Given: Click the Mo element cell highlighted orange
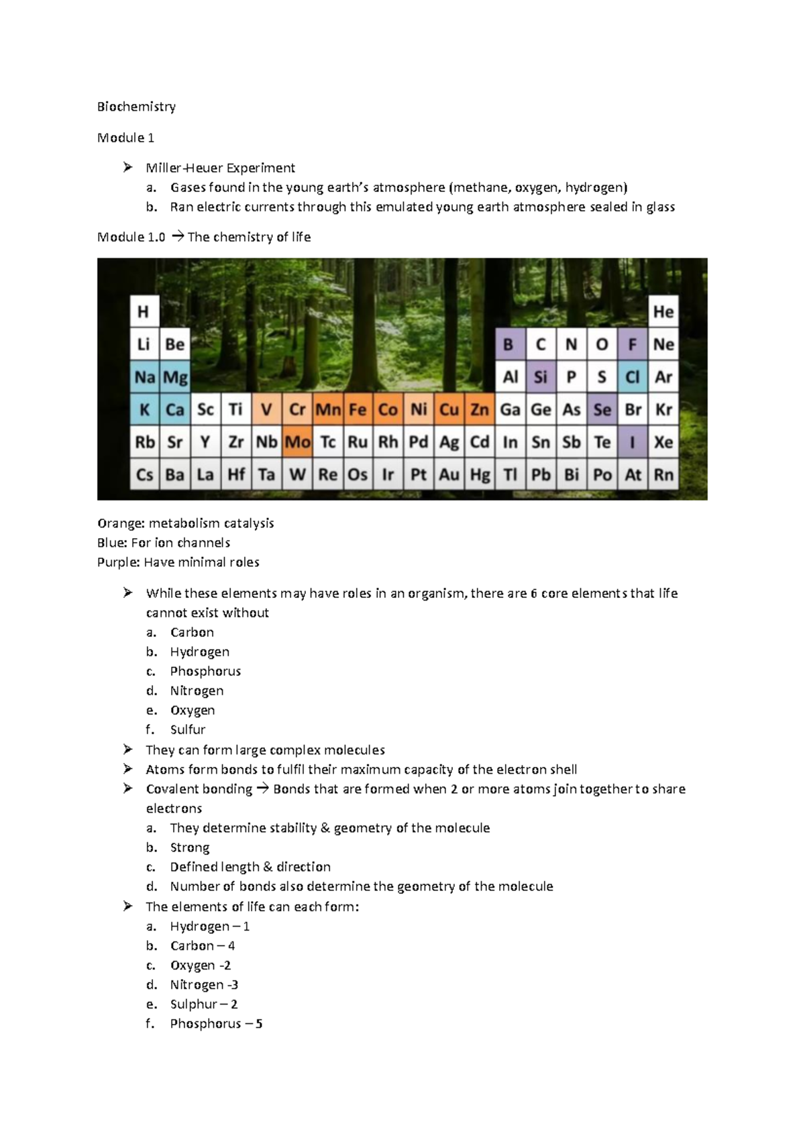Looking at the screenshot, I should (297, 442).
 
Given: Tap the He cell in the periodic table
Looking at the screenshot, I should (663, 312).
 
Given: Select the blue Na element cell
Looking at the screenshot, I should (145, 377).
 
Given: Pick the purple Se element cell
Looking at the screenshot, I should (602, 410).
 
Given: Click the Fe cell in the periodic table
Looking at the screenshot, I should (358, 410).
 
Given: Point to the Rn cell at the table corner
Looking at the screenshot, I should (663, 475).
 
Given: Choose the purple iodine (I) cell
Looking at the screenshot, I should (632, 442).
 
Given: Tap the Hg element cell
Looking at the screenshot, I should (480, 475).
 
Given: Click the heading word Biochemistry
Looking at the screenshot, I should (136, 107).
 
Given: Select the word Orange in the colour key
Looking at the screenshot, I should (119, 523).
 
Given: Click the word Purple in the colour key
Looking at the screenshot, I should (117, 562).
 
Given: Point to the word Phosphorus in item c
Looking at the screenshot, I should (205, 671).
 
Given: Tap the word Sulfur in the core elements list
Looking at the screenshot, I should (188, 729).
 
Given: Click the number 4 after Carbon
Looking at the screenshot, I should (231, 945).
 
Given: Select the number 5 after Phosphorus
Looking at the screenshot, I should (259, 1024).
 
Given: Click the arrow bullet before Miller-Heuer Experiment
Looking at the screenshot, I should (128, 168).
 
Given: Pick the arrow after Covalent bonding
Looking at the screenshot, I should (262, 788).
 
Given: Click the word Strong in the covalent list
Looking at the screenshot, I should (190, 847).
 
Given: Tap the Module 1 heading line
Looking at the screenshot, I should (125, 138).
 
